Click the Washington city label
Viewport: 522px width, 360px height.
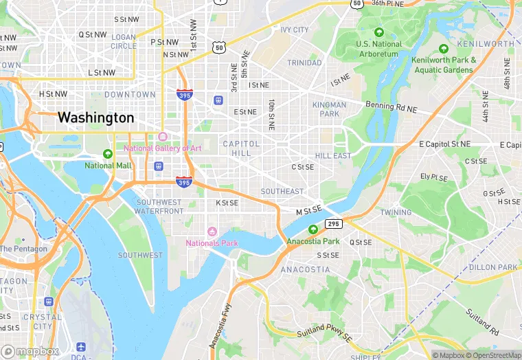pos(95,117)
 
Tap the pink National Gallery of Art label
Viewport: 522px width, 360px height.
pos(162,148)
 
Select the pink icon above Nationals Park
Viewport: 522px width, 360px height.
pos(212,231)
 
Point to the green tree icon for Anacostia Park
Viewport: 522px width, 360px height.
pos(313,229)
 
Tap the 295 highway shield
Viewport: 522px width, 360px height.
pos(334,224)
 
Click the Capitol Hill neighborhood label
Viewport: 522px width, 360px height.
pos(241,148)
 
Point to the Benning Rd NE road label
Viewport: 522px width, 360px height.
pos(391,106)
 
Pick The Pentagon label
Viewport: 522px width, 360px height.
pos(23,249)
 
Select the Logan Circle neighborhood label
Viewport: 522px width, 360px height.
pos(124,41)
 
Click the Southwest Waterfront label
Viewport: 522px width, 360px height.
pos(159,207)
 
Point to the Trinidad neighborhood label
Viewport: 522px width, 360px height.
pos(304,63)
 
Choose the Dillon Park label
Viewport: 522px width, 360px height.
pos(493,267)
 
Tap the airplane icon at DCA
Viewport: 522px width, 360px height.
pos(82,347)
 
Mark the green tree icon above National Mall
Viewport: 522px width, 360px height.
pos(108,154)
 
